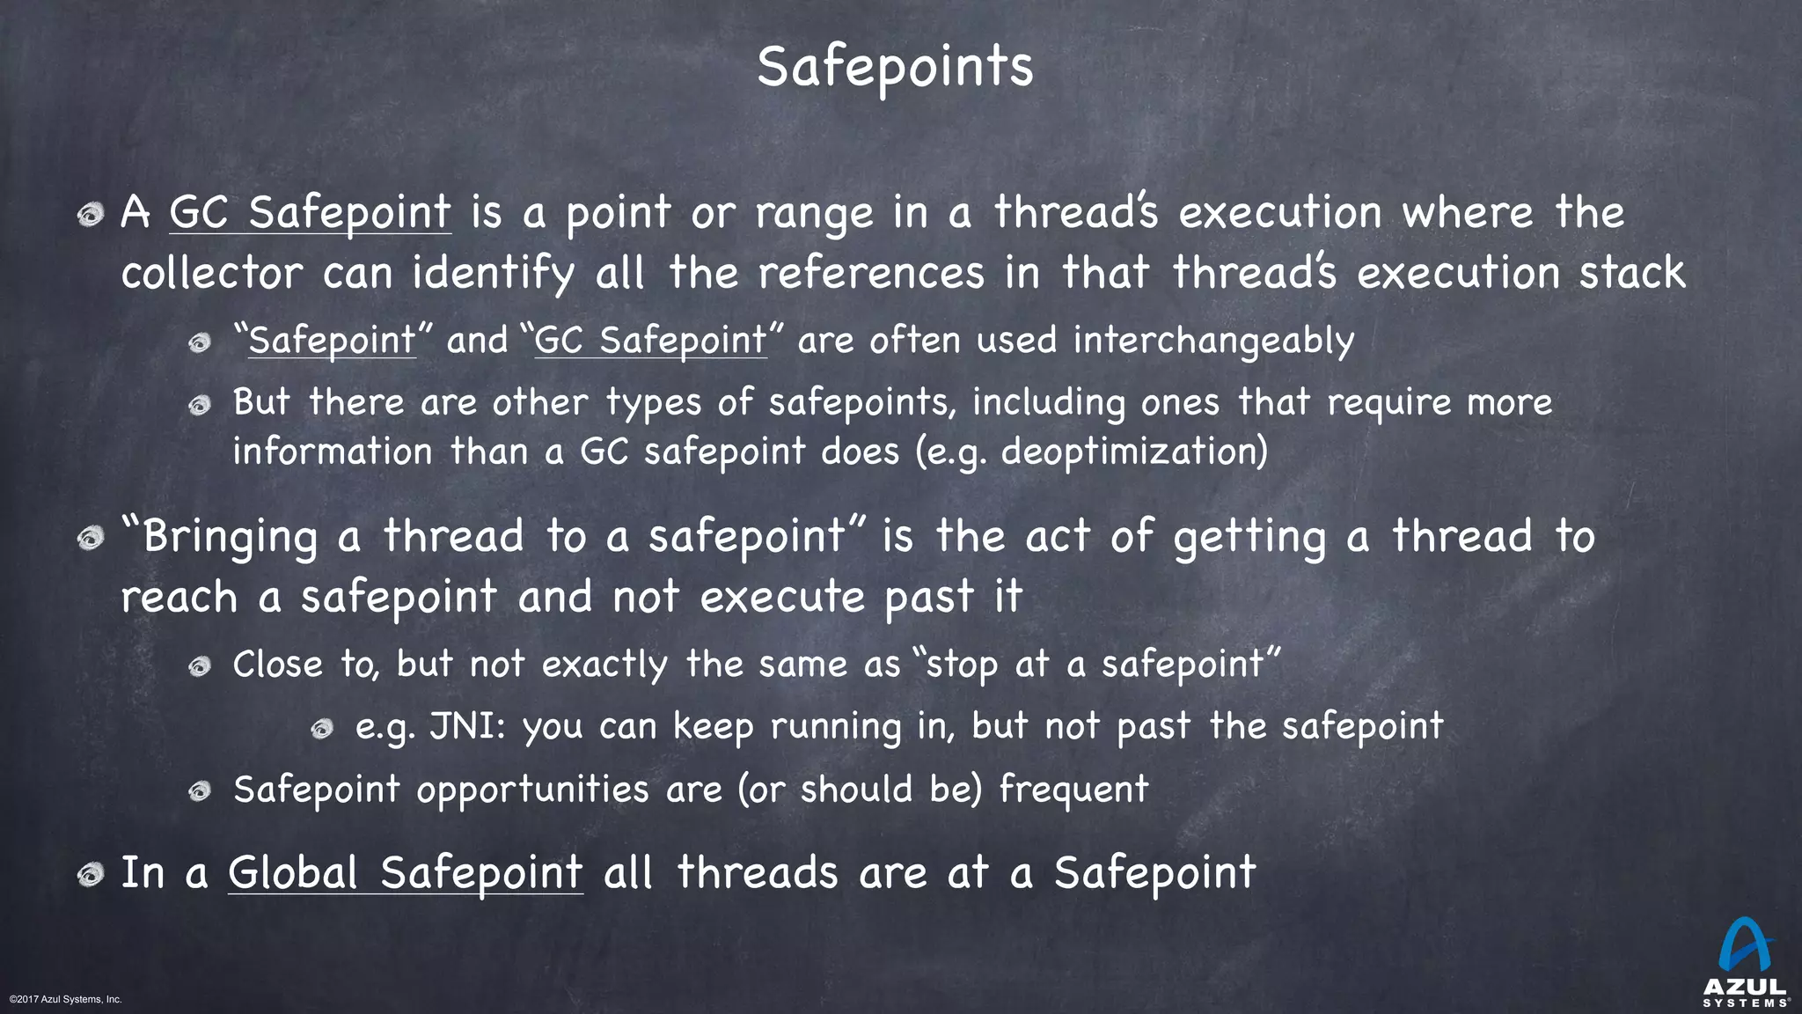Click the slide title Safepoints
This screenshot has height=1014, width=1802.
[895, 67]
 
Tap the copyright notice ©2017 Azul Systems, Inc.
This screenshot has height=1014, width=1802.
[65, 999]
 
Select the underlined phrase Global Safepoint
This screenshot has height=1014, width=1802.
[405, 873]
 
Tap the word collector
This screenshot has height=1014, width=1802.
[211, 273]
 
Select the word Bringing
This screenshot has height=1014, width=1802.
[230, 537]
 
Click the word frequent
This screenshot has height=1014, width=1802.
[1073, 789]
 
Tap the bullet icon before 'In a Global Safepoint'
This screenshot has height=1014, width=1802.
[90, 874]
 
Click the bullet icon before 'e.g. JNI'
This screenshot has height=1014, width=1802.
[322, 729]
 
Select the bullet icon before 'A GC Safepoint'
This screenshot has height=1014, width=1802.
[90, 214]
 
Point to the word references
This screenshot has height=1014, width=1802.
[870, 273]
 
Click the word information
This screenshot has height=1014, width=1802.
[333, 452]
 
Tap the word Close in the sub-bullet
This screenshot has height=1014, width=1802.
[278, 665]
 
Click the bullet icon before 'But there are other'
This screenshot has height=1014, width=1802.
[200, 405]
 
